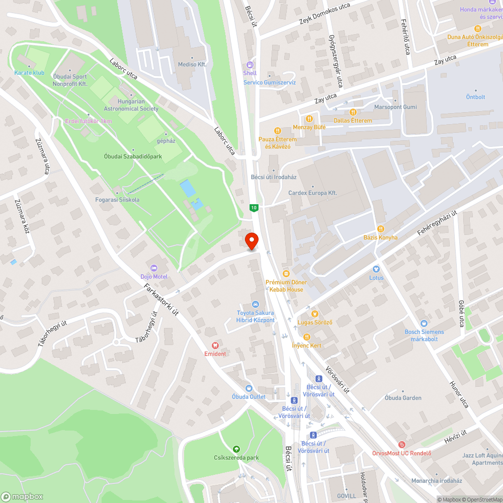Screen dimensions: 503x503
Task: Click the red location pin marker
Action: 251,241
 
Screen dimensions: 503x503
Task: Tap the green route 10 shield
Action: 254,207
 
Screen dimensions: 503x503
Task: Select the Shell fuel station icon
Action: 250,64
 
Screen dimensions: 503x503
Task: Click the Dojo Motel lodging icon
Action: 154,267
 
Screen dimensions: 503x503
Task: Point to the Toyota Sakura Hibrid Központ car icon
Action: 256,304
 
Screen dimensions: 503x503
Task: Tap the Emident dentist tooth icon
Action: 215,345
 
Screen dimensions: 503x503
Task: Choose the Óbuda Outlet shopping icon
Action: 248,388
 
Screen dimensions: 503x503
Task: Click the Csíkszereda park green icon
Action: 236,449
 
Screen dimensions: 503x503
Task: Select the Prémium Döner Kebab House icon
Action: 286,273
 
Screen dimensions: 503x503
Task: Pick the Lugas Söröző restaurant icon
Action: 314,313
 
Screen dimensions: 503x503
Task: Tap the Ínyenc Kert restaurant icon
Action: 306,337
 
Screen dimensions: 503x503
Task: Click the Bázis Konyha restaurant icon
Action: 380,229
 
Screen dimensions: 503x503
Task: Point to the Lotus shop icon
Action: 376,269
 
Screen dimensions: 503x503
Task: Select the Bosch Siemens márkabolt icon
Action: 424,323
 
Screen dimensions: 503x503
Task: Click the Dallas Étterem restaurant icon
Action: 353,112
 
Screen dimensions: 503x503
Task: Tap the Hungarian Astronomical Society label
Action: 131,105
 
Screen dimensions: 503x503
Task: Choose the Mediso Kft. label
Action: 192,65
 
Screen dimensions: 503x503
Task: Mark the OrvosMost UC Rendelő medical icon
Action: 401,445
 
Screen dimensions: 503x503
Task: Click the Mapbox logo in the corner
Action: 23,496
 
